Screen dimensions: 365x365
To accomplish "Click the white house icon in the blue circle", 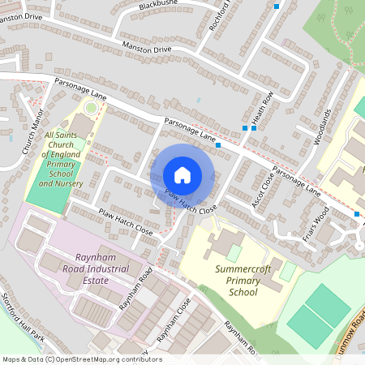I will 182,174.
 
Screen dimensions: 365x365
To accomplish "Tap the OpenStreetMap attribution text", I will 81,359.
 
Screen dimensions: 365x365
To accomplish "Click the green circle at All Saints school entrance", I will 92,107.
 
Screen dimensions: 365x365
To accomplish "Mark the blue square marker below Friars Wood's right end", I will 356,214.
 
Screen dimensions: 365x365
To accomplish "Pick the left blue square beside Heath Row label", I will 245,127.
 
